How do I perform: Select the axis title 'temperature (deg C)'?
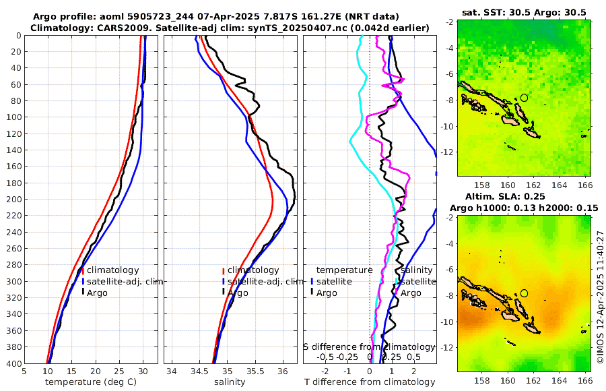click(92, 382)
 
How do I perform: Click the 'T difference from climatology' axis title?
click(370, 382)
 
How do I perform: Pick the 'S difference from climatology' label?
click(370, 346)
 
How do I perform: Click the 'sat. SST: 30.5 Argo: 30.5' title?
click(524, 13)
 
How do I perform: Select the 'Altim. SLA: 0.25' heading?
click(523, 195)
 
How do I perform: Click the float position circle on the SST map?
click(524, 98)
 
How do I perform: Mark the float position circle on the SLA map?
click(524, 293)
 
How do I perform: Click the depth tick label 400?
click(13, 363)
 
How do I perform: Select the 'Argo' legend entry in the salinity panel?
click(238, 293)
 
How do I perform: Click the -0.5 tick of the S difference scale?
click(326, 357)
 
